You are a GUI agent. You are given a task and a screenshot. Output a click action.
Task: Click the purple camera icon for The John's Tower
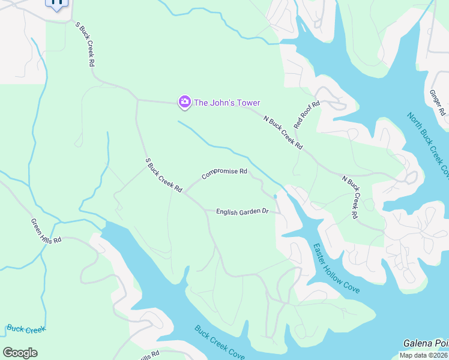[x=184, y=103]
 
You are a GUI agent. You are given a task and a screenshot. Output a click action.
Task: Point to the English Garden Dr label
[x=242, y=211]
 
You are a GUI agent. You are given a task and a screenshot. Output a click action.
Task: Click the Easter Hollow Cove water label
[x=336, y=268]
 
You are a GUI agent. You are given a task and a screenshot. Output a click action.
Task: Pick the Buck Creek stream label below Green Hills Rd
[x=26, y=329]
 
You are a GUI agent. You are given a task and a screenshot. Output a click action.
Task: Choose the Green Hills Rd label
[x=46, y=231]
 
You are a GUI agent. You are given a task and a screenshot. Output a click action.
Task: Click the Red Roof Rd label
[x=307, y=115]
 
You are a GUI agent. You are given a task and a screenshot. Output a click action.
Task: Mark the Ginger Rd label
[x=436, y=103]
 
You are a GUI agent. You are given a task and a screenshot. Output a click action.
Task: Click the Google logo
[x=20, y=353]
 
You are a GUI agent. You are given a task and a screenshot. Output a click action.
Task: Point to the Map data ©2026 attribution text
[x=424, y=355]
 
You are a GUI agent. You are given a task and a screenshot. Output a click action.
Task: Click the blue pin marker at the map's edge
[x=56, y=3]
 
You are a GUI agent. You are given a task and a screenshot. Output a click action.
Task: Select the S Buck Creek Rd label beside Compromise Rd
[x=163, y=175]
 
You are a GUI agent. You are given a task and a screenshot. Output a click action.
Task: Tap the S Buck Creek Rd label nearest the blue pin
[x=86, y=44]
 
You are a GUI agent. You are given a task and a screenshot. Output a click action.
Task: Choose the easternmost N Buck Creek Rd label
[x=350, y=196]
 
